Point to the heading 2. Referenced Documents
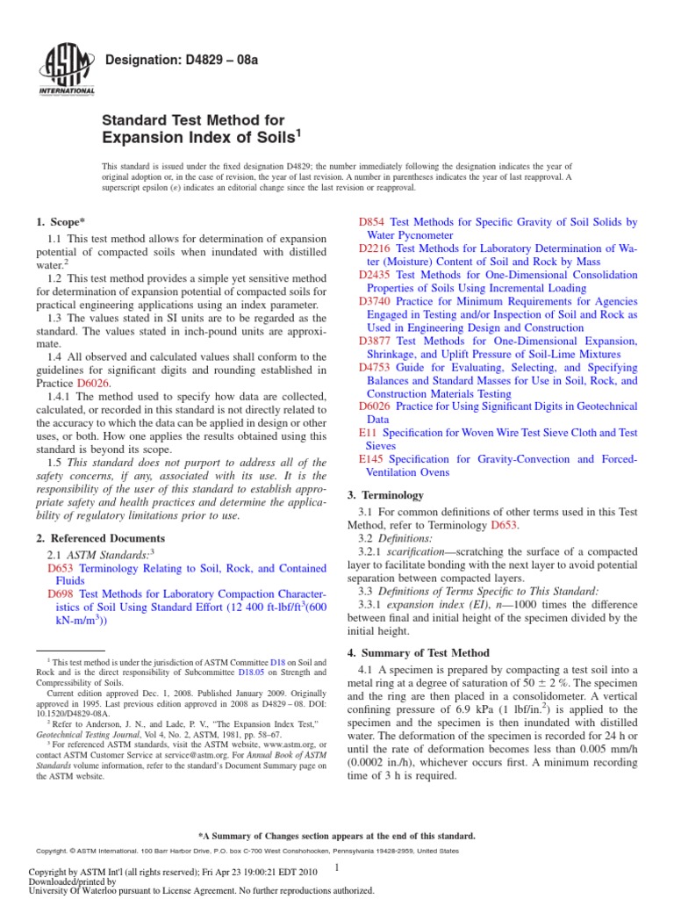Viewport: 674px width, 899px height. tap(101, 537)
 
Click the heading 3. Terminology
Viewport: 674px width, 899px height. tap(385, 495)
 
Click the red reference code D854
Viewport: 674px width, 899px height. tap(372, 223)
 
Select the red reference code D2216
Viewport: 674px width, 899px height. tap(376, 249)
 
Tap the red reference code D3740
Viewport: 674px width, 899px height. tap(376, 301)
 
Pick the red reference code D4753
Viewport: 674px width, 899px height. tap(376, 367)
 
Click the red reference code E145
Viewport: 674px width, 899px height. tap(372, 459)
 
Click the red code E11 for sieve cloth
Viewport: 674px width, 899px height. tap(368, 433)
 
